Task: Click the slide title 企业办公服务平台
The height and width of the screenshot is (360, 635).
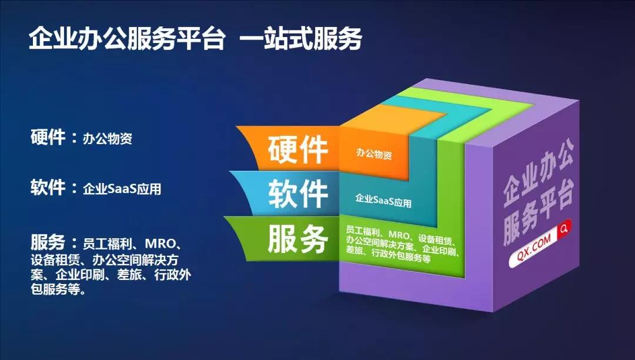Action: tap(127, 39)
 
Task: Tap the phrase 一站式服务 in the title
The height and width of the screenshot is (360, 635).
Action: tap(300, 39)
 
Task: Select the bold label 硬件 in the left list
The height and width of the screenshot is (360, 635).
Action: tap(48, 136)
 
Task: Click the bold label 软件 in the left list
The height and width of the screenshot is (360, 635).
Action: tap(48, 187)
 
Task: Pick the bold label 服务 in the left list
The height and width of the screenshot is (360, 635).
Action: tap(48, 242)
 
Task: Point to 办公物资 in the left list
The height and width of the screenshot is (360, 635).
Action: tap(108, 138)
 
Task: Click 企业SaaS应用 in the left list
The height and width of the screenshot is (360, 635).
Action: tap(122, 189)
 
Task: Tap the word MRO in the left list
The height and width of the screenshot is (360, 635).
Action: tap(161, 244)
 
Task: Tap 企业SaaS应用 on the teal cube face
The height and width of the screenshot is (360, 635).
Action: tap(383, 200)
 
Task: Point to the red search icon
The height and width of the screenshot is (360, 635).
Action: tap(564, 228)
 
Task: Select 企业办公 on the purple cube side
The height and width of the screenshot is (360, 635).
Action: tap(539, 172)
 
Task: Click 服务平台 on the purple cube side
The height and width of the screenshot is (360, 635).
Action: tap(539, 212)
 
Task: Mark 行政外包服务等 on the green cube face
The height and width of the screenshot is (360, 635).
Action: tap(401, 256)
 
